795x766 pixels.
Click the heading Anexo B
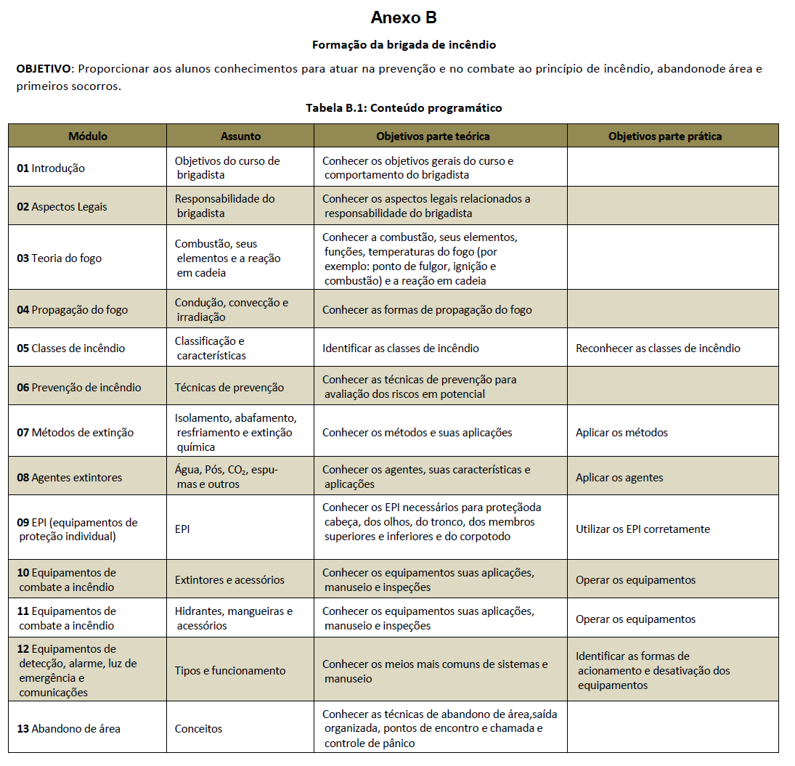[403, 17]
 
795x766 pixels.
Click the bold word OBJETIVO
[44, 69]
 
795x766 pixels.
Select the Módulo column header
[88, 136]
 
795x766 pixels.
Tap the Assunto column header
[240, 136]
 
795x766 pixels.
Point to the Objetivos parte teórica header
[433, 136]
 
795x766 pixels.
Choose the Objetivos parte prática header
[665, 136]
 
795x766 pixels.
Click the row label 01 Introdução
[51, 168]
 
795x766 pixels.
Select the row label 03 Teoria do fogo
[60, 258]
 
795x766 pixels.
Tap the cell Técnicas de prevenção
[229, 387]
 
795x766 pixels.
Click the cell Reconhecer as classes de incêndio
[658, 348]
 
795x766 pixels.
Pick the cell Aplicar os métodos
[621, 432]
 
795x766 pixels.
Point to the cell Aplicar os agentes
[619, 477]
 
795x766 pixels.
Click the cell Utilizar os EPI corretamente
[643, 529]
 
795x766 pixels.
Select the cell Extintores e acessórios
[229, 579]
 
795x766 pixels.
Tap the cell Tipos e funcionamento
[230, 670]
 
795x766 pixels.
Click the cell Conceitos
[198, 728]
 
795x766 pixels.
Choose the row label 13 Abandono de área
[69, 728]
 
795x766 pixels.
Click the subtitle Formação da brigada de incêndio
[404, 44]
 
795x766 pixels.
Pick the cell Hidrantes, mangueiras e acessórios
[234, 618]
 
